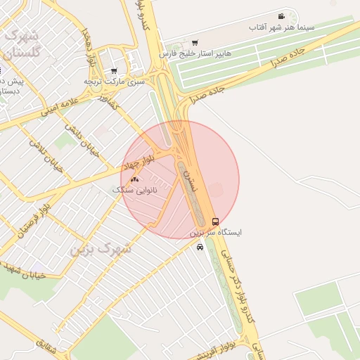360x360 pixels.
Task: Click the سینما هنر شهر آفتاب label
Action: pyautogui.click(x=280, y=27)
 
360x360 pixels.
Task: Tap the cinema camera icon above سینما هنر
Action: pyautogui.click(x=281, y=16)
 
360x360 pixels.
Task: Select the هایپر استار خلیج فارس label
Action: pyautogui.click(x=195, y=53)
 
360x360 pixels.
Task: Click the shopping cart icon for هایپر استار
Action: pyautogui.click(x=195, y=42)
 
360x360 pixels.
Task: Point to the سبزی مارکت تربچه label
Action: pyautogui.click(x=115, y=82)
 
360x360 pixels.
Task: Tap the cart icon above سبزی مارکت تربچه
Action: pyautogui.click(x=114, y=71)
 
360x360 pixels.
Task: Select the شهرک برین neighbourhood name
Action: pyautogui.click(x=101, y=249)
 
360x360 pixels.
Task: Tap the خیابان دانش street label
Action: pyautogui.click(x=79, y=129)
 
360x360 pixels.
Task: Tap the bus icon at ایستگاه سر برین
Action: pyautogui.click(x=215, y=220)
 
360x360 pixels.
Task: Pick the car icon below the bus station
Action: pyautogui.click(x=200, y=247)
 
